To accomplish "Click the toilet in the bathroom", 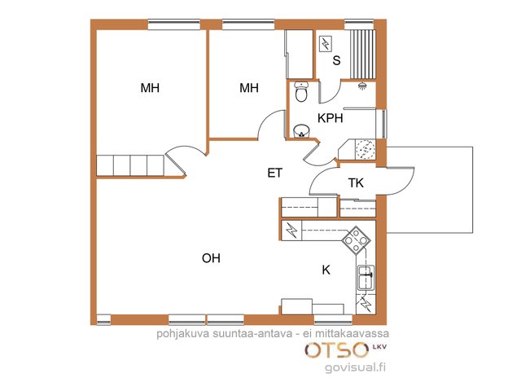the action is [x=301, y=91].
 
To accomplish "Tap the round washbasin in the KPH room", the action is [x=301, y=130].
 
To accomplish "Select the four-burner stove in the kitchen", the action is [x=357, y=240].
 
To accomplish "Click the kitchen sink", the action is [x=366, y=278].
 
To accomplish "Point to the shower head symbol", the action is [x=362, y=86].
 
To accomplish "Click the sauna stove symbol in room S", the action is [x=326, y=43].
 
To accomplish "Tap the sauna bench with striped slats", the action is [x=364, y=55].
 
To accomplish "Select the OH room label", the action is [x=211, y=258].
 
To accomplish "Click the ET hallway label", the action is [x=275, y=173].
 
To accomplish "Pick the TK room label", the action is [x=356, y=182].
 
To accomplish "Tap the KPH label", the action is [x=330, y=118].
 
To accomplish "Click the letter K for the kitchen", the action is [x=326, y=270].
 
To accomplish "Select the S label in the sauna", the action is [x=336, y=60].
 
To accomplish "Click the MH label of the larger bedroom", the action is [x=150, y=88].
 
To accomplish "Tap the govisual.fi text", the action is [x=355, y=367].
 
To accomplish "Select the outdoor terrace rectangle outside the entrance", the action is [x=430, y=190].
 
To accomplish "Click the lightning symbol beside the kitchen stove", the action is [x=291, y=230].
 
